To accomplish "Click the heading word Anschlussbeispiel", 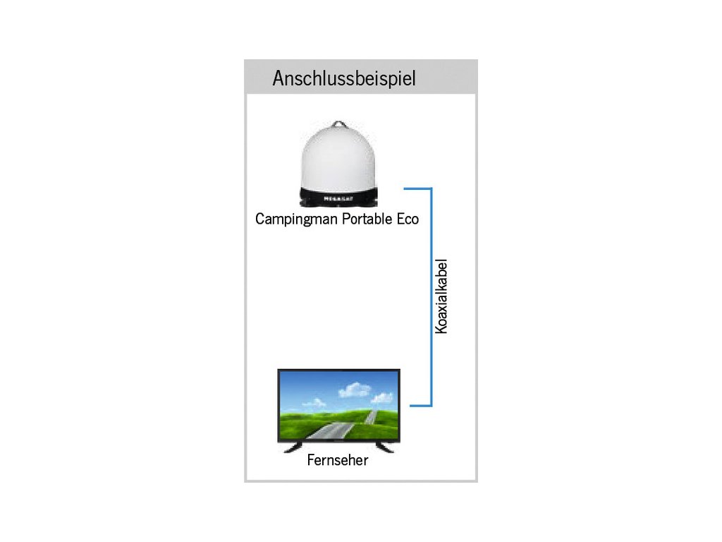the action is [x=344, y=78].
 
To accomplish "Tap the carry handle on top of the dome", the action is [x=338, y=125].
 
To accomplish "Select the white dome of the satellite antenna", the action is [x=338, y=159].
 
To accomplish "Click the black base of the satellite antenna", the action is [x=338, y=198].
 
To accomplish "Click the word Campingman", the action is [x=297, y=219].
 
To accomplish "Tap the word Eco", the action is [x=408, y=219].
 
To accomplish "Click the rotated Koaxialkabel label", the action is [x=441, y=297].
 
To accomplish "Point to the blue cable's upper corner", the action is [x=431, y=189].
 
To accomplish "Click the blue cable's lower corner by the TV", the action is [x=431, y=406].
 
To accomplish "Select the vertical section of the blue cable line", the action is [x=431, y=296].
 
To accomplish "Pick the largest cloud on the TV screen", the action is [x=354, y=389].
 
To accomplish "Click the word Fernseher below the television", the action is [x=338, y=462].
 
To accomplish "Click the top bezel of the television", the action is [x=339, y=371].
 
